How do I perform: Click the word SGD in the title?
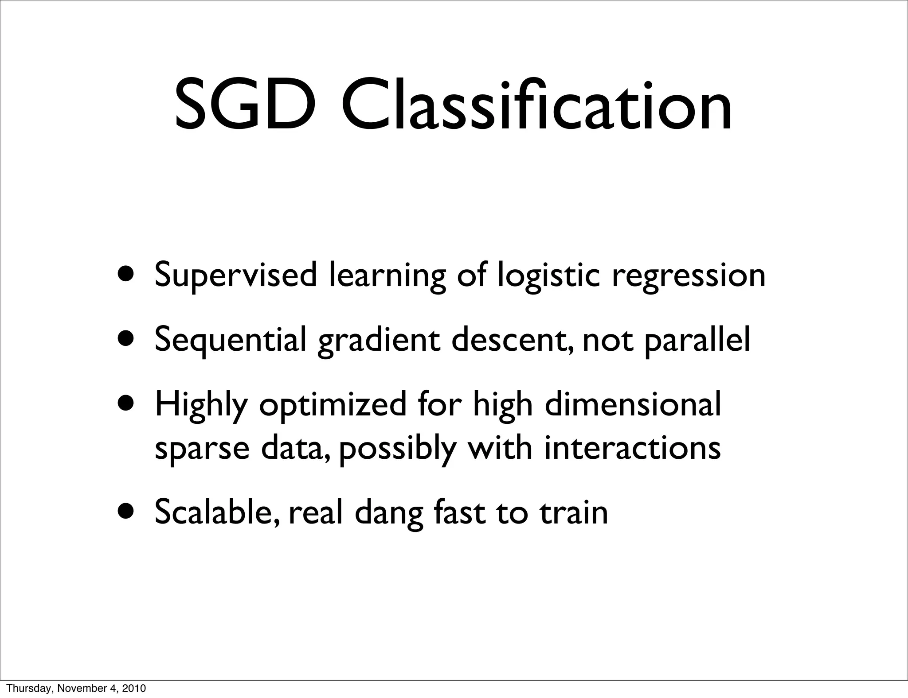pyautogui.click(x=245, y=106)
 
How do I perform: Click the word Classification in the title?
pyautogui.click(x=536, y=106)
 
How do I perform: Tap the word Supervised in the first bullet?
pyautogui.click(x=235, y=275)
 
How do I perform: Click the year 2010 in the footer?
pyautogui.click(x=133, y=689)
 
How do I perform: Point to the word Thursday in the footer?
pyautogui.click(x=24, y=689)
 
